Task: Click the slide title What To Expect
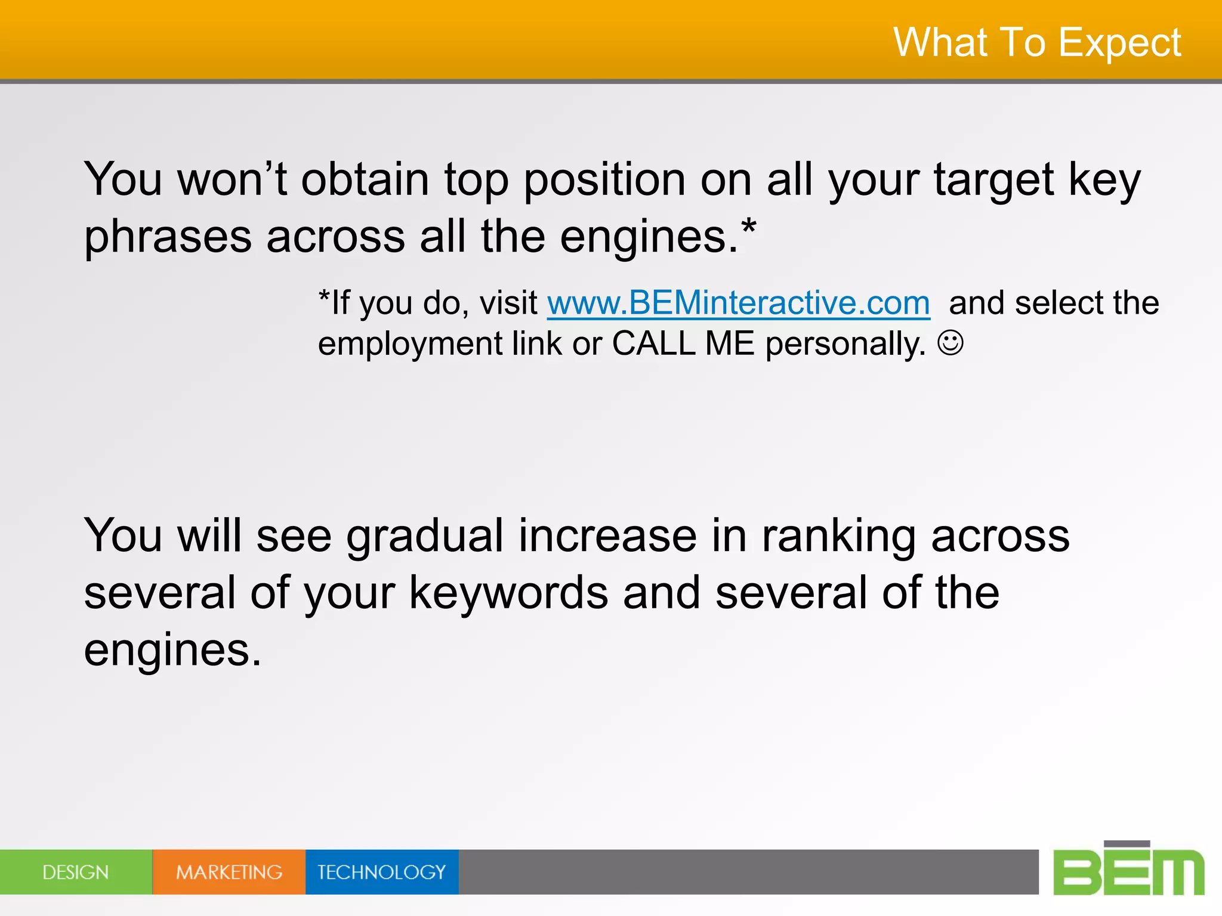(x=1037, y=43)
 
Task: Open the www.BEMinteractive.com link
(x=738, y=303)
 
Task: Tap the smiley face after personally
(x=950, y=343)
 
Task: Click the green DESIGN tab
(x=76, y=872)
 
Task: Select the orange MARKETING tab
(x=229, y=872)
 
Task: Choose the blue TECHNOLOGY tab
(x=382, y=872)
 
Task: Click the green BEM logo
(x=1128, y=869)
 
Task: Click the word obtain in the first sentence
(x=365, y=179)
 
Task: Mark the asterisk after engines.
(x=748, y=227)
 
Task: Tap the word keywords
(x=508, y=593)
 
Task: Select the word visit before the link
(x=508, y=303)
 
